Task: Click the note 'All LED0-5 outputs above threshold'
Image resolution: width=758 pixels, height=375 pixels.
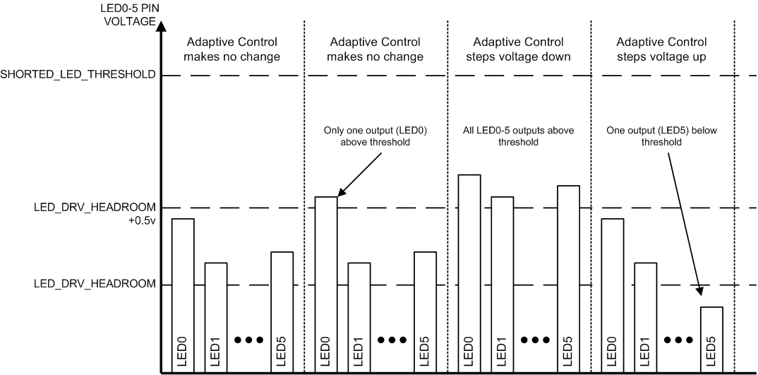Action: pos(519,136)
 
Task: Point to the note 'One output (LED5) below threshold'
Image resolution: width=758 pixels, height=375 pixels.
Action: pos(661,136)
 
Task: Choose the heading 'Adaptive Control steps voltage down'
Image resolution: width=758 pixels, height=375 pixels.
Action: pos(519,49)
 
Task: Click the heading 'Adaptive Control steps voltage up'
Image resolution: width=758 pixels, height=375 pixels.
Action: pos(661,49)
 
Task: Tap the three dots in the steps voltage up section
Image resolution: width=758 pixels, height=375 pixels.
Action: pos(678,340)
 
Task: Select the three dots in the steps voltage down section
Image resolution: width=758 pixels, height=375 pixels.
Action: pos(536,340)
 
